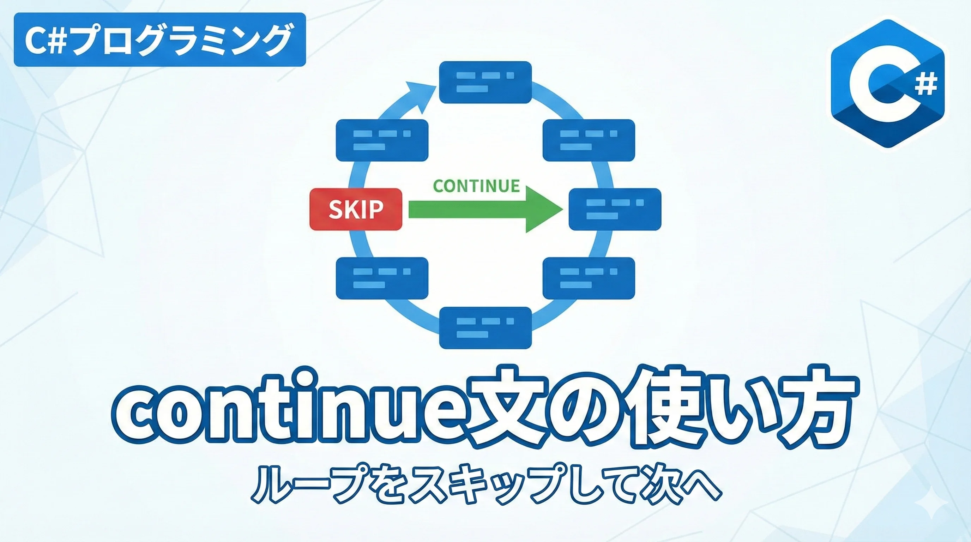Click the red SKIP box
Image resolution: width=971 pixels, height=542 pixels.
click(355, 209)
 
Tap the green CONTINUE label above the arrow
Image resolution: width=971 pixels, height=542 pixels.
click(476, 186)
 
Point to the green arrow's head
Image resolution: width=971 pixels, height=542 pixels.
click(544, 209)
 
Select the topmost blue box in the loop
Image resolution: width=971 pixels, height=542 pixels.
click(485, 82)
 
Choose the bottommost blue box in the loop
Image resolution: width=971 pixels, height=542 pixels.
click(485, 328)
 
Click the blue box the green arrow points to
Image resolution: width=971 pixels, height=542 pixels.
click(615, 209)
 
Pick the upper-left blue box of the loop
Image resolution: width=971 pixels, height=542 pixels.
click(382, 140)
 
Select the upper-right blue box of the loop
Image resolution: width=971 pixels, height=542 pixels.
click(589, 140)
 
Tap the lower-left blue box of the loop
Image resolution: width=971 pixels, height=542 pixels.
click(382, 278)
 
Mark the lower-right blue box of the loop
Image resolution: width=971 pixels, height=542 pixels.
click(589, 278)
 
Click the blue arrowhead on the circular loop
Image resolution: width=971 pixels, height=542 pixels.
click(421, 96)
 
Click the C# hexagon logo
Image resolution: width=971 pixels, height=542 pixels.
click(887, 83)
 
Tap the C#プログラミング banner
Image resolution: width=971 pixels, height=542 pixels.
click(159, 40)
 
